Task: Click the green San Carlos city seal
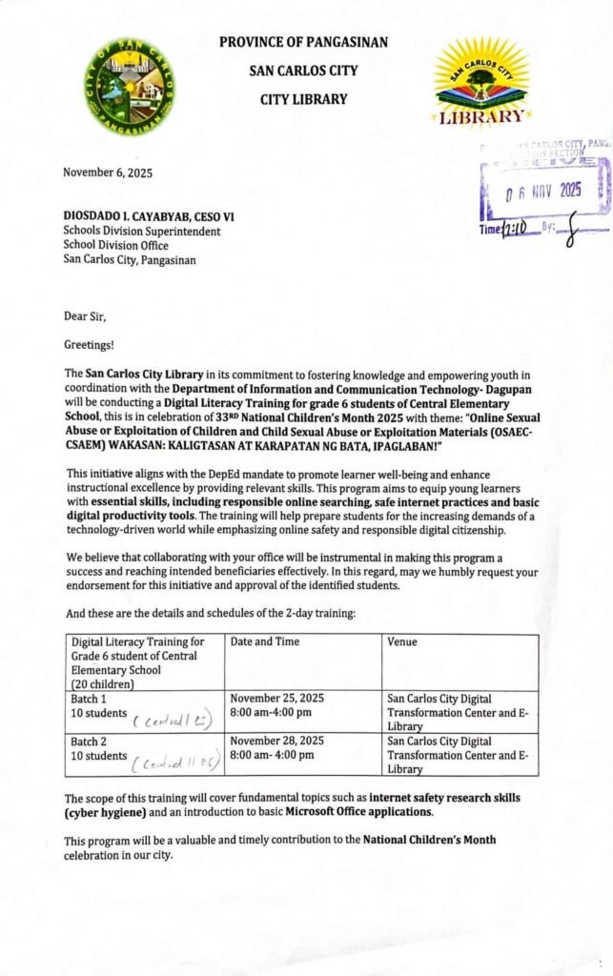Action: [x=130, y=87]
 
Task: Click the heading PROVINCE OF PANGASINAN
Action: [x=303, y=42]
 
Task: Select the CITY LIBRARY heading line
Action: [x=303, y=99]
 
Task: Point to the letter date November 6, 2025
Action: [x=107, y=173]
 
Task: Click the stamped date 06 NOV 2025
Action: [x=543, y=191]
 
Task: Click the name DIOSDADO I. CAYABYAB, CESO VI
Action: [x=149, y=216]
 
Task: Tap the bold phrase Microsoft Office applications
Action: [x=366, y=812]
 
